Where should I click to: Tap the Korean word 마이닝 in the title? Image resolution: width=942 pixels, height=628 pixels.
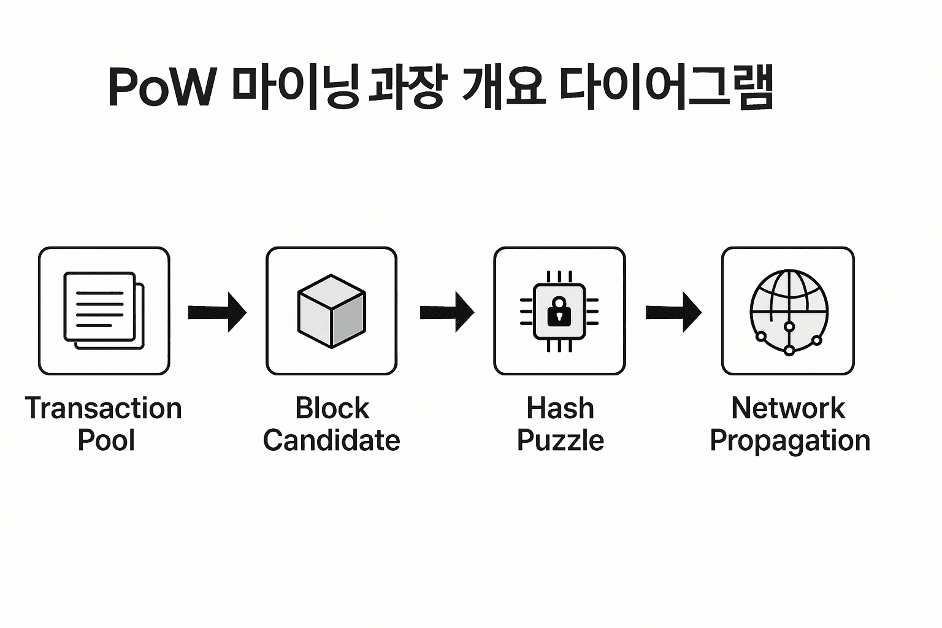(295, 88)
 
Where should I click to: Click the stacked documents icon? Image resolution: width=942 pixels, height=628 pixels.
(104, 311)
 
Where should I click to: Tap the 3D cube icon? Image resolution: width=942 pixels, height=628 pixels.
(331, 311)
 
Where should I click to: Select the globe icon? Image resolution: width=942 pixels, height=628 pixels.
(789, 311)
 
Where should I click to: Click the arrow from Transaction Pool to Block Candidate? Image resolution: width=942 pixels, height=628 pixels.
(217, 312)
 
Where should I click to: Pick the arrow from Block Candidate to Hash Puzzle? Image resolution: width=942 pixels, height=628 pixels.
(446, 312)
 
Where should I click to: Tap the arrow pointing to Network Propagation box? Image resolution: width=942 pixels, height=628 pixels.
(673, 312)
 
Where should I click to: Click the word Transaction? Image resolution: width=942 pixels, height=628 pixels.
(104, 408)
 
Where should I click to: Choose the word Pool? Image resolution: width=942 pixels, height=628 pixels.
(106, 440)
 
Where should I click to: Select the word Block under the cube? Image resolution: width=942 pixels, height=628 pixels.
(332, 408)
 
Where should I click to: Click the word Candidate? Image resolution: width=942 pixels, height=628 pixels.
(331, 440)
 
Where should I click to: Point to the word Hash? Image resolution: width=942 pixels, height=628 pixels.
(560, 408)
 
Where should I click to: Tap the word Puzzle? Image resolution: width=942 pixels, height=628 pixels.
(560, 441)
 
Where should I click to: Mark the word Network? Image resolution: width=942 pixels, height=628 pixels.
(788, 408)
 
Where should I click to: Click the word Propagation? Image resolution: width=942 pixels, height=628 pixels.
(790, 441)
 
